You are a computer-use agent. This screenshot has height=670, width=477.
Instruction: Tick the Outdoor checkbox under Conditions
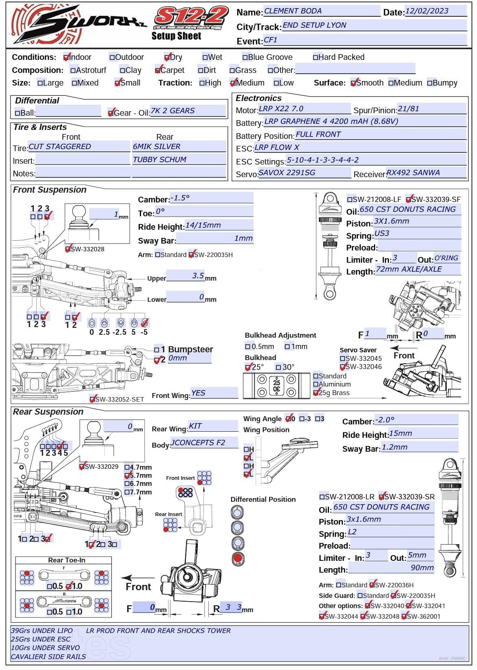pos(112,57)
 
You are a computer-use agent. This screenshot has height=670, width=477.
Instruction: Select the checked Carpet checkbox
pos(158,70)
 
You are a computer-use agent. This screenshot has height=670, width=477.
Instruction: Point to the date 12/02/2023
pos(426,11)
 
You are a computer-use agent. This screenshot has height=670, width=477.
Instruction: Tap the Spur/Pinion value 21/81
pos(408,109)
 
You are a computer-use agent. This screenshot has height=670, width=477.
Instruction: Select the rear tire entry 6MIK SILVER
pos(157,147)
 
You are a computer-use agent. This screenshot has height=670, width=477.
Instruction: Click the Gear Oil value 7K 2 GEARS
pos(172,111)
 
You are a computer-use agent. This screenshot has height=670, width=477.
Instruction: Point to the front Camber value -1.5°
pos(180,198)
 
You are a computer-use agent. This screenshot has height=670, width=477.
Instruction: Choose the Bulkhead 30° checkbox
pos(278,367)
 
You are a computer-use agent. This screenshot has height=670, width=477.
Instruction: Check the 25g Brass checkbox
pos(316,393)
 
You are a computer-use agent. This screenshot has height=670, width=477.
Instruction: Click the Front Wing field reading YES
pos(199,393)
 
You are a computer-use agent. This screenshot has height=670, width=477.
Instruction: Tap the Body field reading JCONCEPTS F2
pos(198,443)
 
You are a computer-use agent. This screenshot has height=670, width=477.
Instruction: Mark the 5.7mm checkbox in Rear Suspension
pos(127,476)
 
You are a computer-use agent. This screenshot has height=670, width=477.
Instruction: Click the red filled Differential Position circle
pos(237,558)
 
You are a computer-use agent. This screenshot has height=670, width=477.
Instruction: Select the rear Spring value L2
pos(352,532)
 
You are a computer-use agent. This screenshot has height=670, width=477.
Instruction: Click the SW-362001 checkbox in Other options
pos(404,617)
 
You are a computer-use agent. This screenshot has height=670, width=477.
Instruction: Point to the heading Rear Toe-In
pos(67,560)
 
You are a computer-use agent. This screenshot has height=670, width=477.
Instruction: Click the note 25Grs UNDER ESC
pos(41,639)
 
